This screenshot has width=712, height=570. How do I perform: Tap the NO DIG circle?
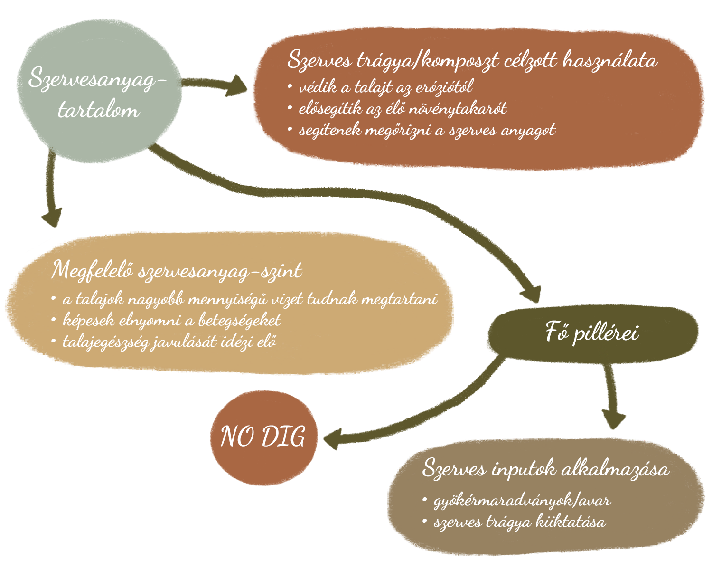263,437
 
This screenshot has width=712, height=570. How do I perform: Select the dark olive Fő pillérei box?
592,332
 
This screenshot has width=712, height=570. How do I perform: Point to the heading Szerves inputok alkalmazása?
546,469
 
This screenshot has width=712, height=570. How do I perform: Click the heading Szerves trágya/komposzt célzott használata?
472,61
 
